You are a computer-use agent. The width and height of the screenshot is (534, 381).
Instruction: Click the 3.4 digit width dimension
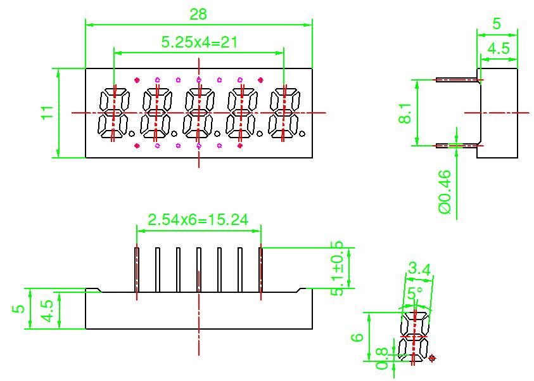419,269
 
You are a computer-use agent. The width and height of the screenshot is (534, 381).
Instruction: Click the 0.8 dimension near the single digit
382,359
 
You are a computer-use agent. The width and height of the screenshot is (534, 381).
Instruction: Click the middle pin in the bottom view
199,269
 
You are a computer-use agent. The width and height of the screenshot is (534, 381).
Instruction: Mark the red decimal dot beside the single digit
433,359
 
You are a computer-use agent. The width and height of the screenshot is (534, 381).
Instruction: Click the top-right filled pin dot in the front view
260,80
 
